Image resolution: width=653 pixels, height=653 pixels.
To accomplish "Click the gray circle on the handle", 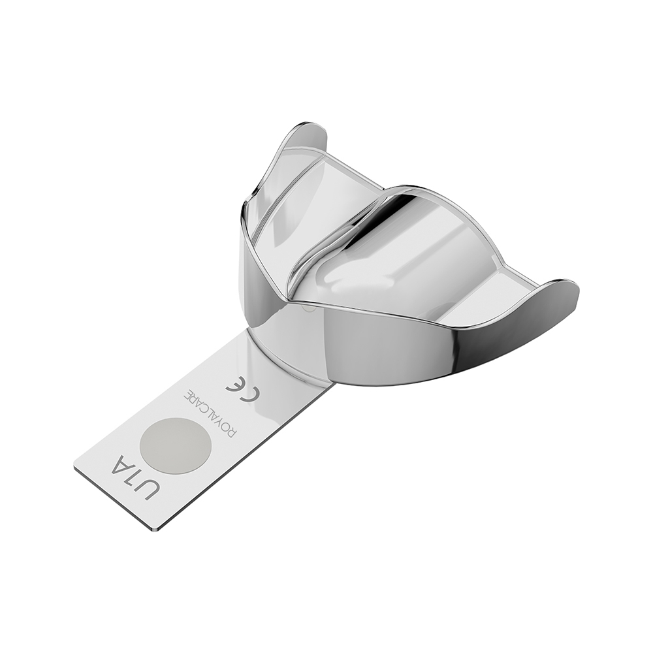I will tap(174, 445).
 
